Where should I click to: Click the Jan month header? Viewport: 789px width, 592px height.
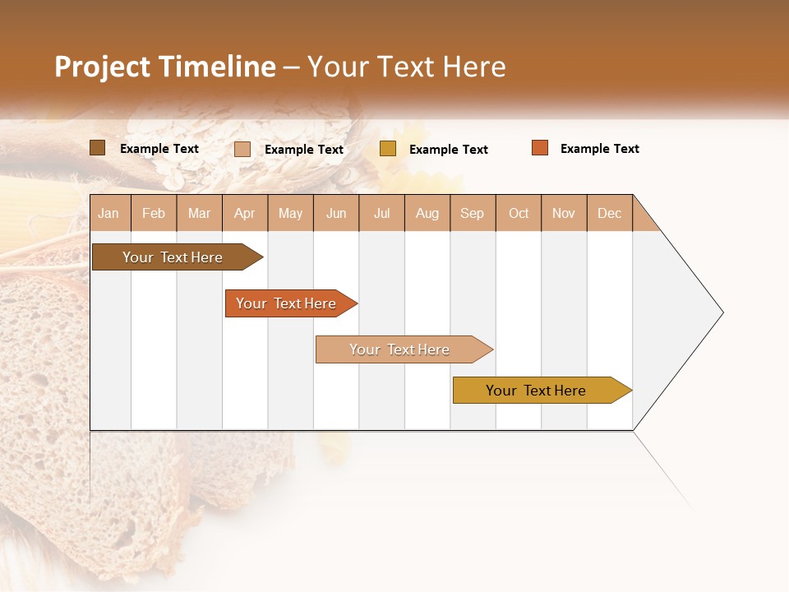pyautogui.click(x=109, y=213)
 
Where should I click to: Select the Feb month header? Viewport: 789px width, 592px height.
pyautogui.click(x=154, y=213)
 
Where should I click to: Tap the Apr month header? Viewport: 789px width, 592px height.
pyautogui.click(x=245, y=213)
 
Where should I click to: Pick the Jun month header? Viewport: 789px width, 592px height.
pyautogui.click(x=336, y=213)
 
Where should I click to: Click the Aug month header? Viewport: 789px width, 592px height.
pyautogui.click(x=427, y=213)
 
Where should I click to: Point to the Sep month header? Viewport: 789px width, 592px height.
pyautogui.click(x=473, y=213)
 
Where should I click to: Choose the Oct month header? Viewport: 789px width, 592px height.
pyautogui.click(x=519, y=213)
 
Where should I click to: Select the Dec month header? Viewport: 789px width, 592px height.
pyautogui.click(x=610, y=213)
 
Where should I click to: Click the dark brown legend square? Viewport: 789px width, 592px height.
pyautogui.click(x=98, y=148)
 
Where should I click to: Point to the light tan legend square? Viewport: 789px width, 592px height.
pyautogui.click(x=242, y=149)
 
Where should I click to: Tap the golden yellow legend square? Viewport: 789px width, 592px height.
pyautogui.click(x=388, y=149)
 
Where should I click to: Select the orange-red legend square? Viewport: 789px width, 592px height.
pyautogui.click(x=540, y=148)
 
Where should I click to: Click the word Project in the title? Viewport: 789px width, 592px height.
pyautogui.click(x=102, y=67)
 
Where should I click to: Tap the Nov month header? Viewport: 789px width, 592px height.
pyautogui.click(x=564, y=213)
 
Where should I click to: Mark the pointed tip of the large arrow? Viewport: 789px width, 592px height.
pyautogui.click(x=722, y=312)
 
